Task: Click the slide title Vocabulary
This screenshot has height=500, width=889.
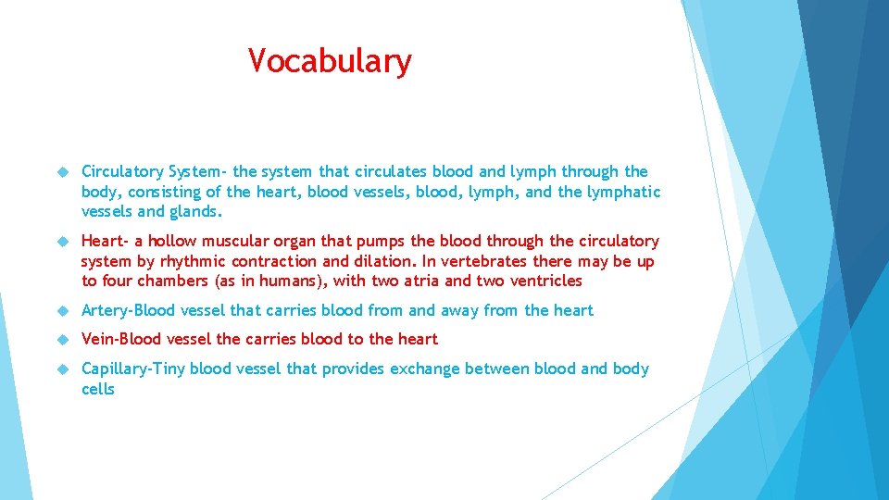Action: tap(330, 62)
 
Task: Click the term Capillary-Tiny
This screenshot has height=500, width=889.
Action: tap(133, 369)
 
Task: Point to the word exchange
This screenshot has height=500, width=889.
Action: tap(424, 369)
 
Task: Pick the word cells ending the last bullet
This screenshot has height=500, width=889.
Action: tap(98, 389)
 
